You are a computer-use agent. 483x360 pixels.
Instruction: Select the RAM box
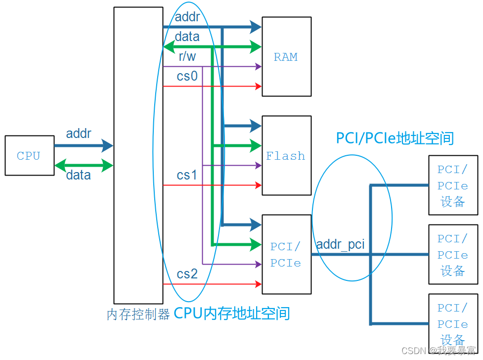click(286, 56)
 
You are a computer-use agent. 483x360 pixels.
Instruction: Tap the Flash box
click(286, 155)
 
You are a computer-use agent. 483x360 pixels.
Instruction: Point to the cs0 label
click(187, 76)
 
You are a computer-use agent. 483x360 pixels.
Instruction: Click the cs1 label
click(187, 175)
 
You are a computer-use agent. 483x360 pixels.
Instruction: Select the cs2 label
click(187, 274)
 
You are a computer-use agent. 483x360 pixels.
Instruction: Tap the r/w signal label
click(187, 57)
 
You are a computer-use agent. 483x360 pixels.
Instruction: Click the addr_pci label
click(340, 244)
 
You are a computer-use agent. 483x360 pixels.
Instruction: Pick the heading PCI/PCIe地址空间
click(395, 138)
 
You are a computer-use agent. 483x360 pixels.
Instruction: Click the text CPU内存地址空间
click(231, 314)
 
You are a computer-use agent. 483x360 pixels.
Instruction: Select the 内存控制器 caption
click(138, 315)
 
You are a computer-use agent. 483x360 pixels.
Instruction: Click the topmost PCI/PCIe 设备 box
click(453, 185)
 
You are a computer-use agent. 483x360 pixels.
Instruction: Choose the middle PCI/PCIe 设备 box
click(453, 255)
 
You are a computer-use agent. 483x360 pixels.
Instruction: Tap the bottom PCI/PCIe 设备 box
click(453, 324)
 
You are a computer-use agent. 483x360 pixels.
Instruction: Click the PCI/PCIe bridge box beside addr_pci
click(286, 254)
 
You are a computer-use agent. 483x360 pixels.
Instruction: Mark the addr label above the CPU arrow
click(79, 134)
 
